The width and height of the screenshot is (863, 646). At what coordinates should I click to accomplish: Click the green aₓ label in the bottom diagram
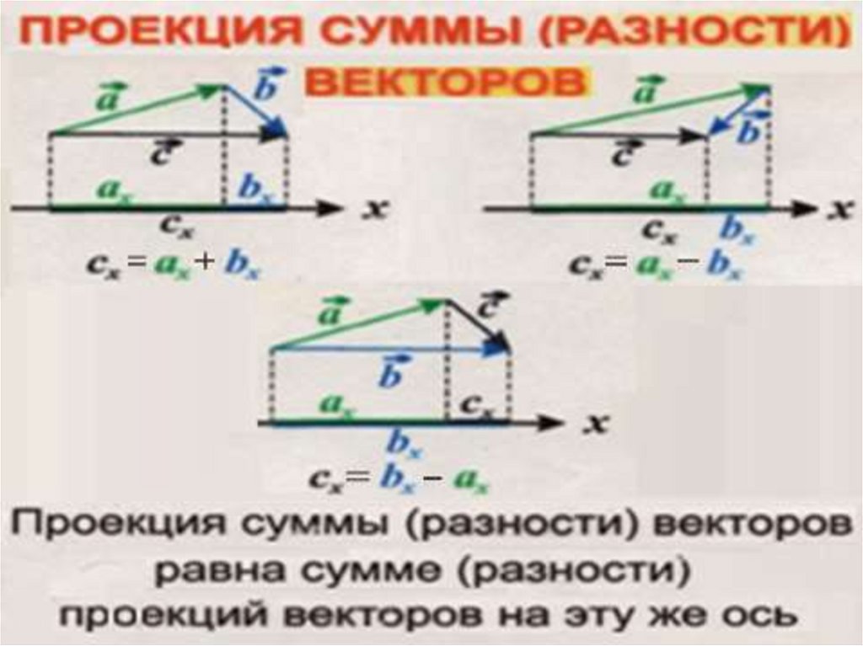(x=339, y=404)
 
